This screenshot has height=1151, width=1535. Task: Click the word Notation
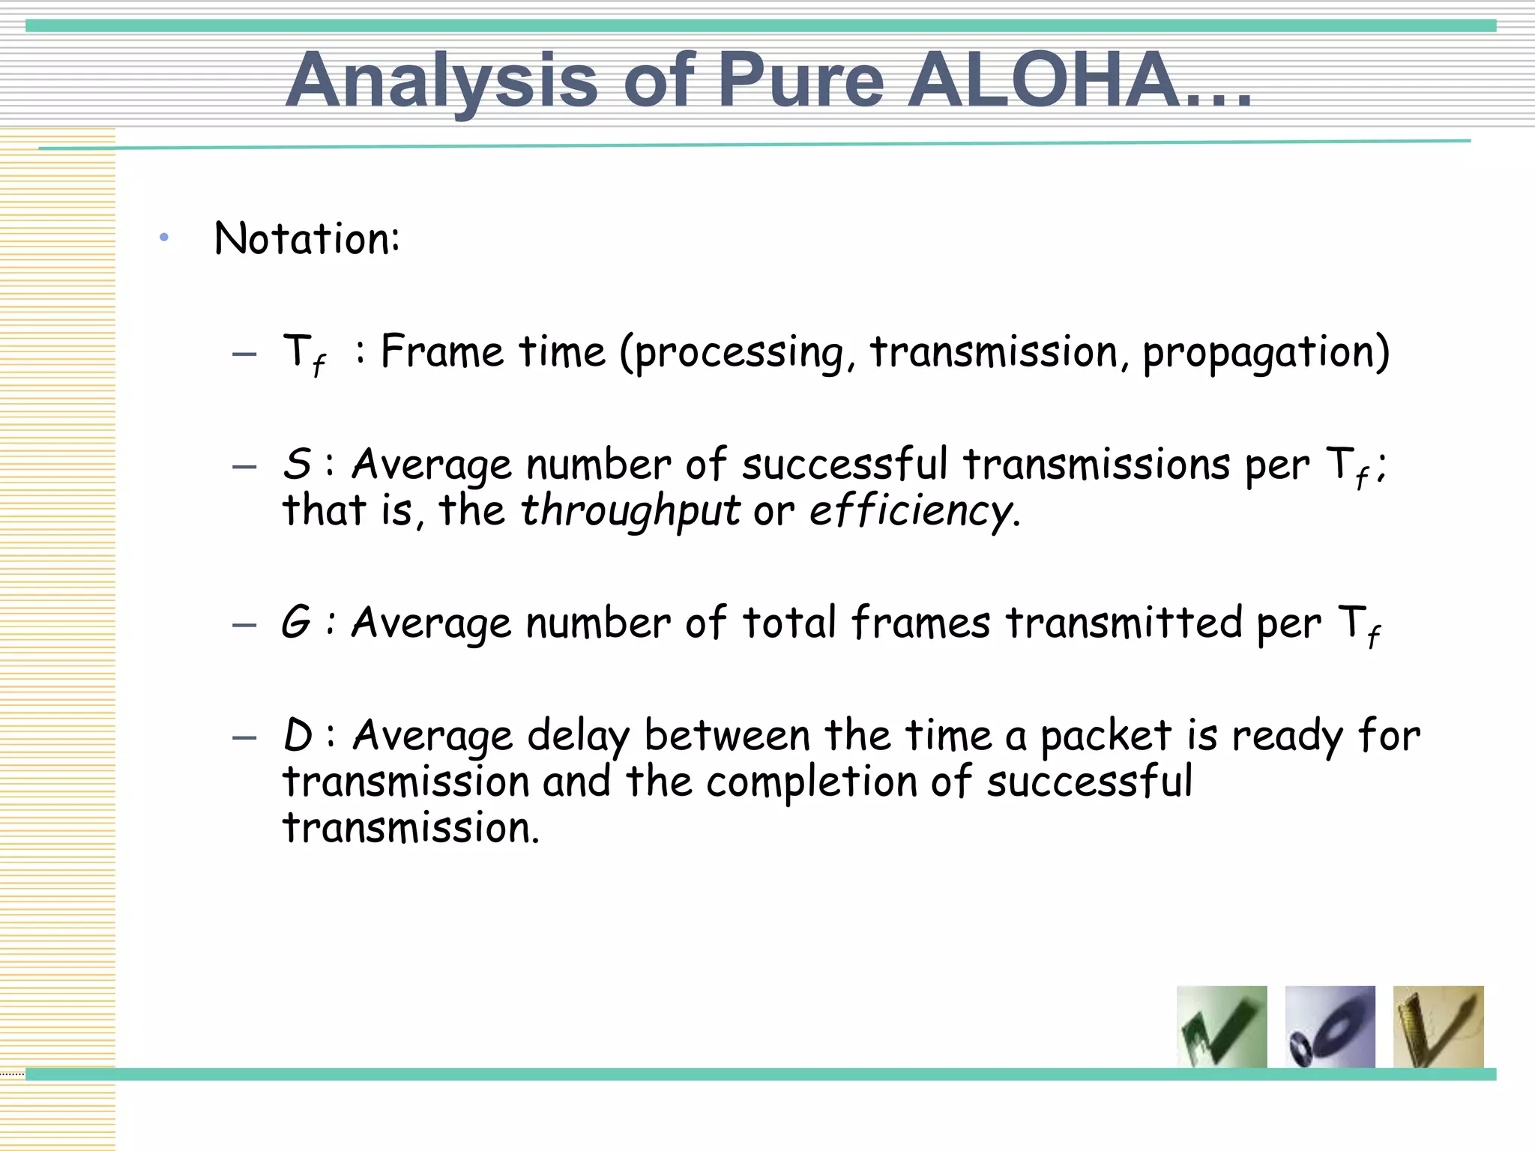click(307, 239)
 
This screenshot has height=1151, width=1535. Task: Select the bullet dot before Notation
click(164, 238)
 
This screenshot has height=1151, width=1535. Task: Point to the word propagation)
click(1266, 353)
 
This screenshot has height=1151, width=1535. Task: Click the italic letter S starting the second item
click(297, 464)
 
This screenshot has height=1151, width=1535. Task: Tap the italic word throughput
click(630, 512)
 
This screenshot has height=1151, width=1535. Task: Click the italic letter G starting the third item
click(296, 623)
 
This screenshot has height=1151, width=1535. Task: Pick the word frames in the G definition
click(920, 623)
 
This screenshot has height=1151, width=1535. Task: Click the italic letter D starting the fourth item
click(298, 735)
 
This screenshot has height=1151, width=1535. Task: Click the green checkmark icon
click(1222, 1027)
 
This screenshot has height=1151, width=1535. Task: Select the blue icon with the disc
click(1330, 1027)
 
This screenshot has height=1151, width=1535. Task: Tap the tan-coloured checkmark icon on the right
click(1438, 1027)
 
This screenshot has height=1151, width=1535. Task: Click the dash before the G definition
click(244, 625)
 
